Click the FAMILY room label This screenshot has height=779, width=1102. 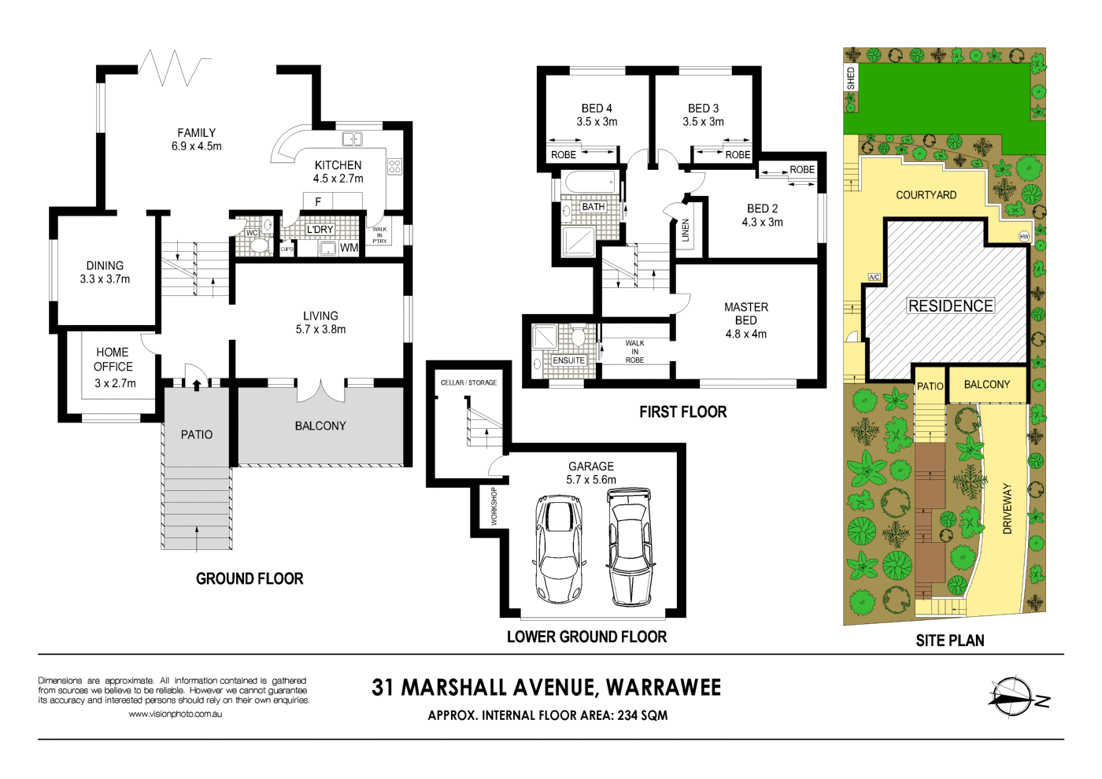pos(196,133)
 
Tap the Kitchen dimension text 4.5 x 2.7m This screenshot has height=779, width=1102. pos(338,179)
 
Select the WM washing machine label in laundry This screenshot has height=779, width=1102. pos(349,248)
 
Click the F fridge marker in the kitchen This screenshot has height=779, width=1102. pos(318,201)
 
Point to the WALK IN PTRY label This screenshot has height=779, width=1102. pos(379,235)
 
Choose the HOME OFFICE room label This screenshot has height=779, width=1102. pos(113,360)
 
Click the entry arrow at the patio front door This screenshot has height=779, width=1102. pos(197,385)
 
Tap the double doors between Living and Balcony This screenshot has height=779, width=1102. pos(321,391)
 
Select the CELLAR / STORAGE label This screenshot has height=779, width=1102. pos(468,382)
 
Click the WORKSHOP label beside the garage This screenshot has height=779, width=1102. pos(494,506)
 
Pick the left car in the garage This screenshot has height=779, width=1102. pos(558,548)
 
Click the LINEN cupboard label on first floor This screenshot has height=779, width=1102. pos(686,230)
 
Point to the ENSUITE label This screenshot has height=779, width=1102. pos(568,360)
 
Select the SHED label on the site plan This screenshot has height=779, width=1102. pos(851,78)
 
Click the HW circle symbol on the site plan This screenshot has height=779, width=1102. pos(1024,237)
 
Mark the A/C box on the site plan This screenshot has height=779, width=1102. pos(875,277)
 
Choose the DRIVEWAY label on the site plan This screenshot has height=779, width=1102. pos(1007,508)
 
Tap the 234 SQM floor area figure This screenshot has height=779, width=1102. pos(642,715)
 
